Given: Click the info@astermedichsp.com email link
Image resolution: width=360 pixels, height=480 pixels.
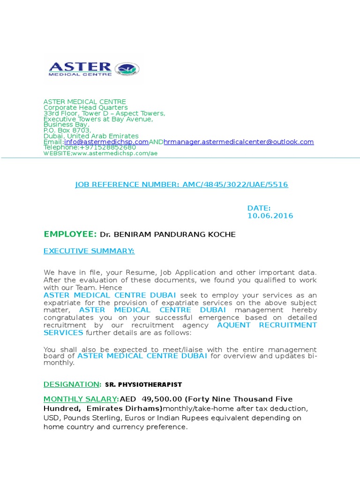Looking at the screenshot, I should click(x=106, y=142).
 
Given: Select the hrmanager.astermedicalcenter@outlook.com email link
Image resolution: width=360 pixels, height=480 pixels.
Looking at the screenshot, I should click(x=239, y=142).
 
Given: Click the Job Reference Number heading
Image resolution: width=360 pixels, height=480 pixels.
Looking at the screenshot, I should click(x=181, y=185).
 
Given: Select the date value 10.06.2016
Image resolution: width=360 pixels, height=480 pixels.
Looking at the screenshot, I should click(x=270, y=216).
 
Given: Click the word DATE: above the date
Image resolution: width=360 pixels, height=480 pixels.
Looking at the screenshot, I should click(x=259, y=208).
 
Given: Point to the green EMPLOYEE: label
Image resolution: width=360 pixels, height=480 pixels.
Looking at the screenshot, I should click(x=70, y=234).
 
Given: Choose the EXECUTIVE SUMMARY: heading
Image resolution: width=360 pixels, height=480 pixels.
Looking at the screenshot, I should click(x=89, y=251).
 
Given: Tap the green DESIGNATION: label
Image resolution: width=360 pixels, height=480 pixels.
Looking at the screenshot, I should click(x=72, y=384).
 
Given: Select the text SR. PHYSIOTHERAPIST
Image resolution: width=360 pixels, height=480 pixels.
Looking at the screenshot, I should click(x=143, y=385).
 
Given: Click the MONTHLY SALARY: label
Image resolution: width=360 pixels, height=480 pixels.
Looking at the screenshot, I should click(x=82, y=399).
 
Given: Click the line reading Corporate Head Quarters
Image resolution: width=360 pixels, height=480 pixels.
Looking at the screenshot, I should click(x=85, y=107).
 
